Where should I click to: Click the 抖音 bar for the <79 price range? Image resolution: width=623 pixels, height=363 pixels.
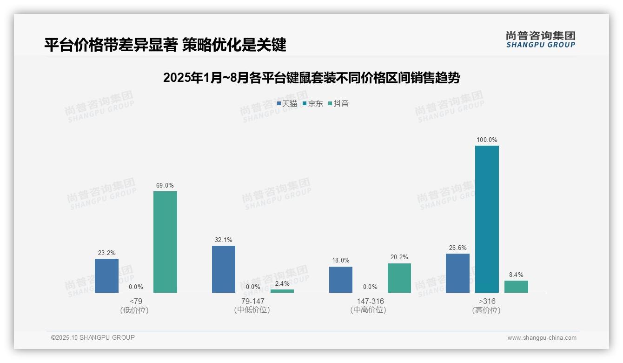point(165,242)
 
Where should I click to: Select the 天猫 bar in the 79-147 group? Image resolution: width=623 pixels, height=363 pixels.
point(224,269)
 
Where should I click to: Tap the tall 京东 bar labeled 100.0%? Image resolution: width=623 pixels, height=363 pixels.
point(487,219)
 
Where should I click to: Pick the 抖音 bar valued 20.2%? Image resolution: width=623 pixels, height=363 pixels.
point(399,278)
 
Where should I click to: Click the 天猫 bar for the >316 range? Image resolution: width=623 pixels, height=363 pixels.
point(457,273)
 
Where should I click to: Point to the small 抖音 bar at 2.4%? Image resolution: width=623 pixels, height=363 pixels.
point(282,291)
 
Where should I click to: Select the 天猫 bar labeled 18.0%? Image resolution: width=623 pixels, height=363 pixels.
point(341,280)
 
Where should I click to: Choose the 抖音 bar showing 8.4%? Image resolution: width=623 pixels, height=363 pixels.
point(516,287)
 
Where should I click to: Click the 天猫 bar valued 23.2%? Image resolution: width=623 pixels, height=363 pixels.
point(106,276)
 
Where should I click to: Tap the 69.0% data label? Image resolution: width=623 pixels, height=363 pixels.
point(165,186)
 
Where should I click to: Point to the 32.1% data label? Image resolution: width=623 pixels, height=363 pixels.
point(224,240)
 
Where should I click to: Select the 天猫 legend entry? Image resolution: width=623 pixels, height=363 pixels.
point(287,104)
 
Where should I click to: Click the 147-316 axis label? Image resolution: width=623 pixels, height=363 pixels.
point(370,301)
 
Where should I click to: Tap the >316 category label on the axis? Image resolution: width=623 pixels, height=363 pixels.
point(487,301)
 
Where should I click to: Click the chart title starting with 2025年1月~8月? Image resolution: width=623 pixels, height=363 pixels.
point(311,78)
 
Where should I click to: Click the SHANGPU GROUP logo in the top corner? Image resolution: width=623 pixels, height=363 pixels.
point(540,40)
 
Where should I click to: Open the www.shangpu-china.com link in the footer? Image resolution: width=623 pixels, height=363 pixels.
point(542,338)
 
